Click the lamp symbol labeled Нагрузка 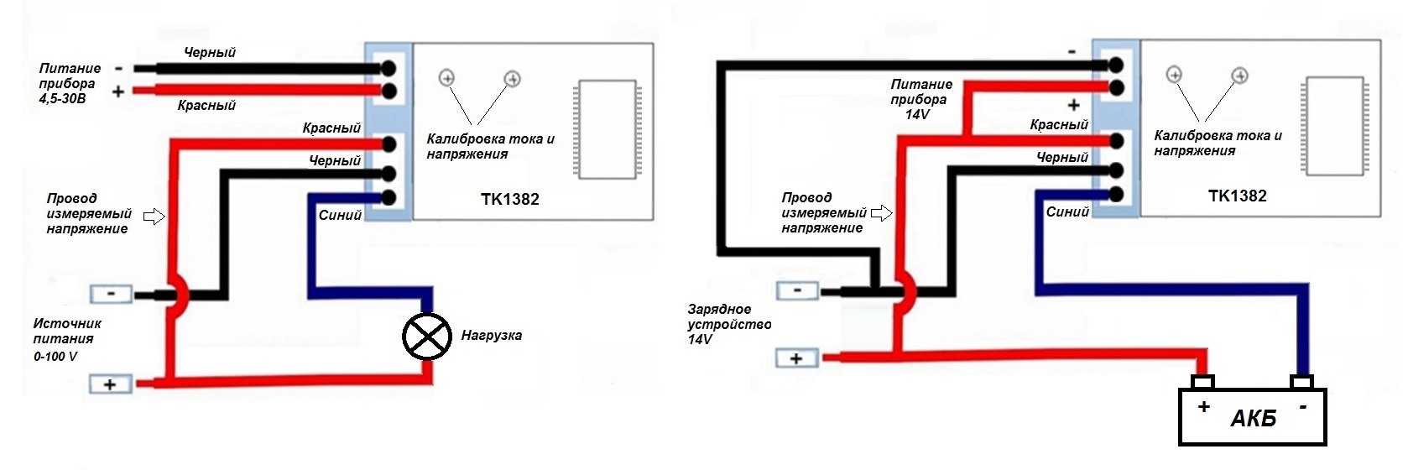coord(427,336)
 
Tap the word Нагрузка coord(491,336)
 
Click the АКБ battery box coord(1252,417)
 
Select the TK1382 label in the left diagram coord(509,199)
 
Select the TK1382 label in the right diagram coord(1237,196)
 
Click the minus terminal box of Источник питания coord(111,294)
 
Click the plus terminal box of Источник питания coord(110,384)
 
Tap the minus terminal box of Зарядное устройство coord(797,290)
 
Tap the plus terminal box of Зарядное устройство coord(796,358)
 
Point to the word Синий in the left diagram coord(340,215)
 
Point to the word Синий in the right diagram coord(1067,211)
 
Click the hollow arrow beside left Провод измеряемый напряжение coord(154,217)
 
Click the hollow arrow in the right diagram coord(881,213)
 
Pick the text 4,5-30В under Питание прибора coord(62,99)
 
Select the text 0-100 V coord(55,356)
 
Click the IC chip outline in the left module coord(606,129)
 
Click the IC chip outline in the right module coord(1333,126)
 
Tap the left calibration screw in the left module coord(446,78)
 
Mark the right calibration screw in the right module coord(1239,75)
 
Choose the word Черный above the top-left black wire coord(210,52)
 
